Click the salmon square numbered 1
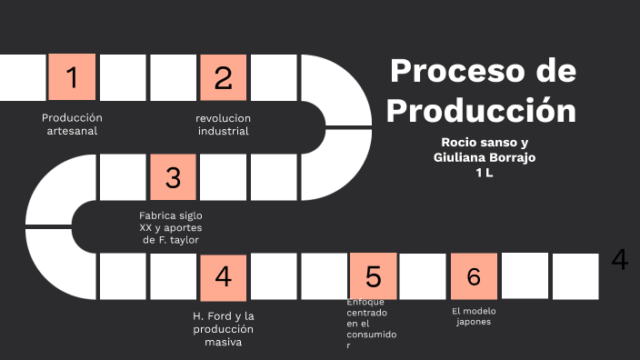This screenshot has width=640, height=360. [x=72, y=77]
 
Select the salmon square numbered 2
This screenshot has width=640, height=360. [x=224, y=77]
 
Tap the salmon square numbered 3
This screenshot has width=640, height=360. [x=173, y=176]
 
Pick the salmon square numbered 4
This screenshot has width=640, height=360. [x=224, y=276]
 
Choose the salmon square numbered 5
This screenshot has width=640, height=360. [x=374, y=276]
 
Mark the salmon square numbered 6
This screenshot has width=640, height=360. [x=474, y=276]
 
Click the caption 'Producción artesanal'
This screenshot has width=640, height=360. [x=72, y=125]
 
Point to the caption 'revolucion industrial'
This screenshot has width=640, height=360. [x=223, y=125]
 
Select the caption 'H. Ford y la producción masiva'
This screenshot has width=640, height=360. [x=223, y=328]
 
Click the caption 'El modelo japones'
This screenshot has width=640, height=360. [x=474, y=316]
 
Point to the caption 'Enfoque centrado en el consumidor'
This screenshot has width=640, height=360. [x=371, y=324]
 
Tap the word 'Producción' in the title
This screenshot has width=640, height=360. [x=482, y=110]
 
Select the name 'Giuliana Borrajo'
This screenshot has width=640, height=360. [x=485, y=157]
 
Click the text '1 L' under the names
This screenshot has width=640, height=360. [x=484, y=173]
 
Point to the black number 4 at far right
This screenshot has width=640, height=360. [x=619, y=260]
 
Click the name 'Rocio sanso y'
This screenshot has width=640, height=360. [x=485, y=143]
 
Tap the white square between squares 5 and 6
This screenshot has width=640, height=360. [x=424, y=276]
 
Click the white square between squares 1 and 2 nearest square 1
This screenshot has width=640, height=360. [x=123, y=77]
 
